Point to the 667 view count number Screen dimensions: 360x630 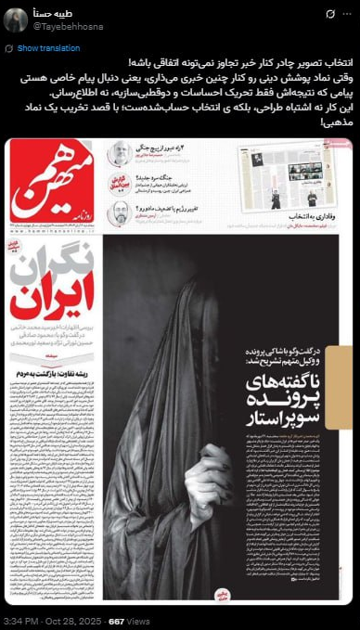(117, 620)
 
